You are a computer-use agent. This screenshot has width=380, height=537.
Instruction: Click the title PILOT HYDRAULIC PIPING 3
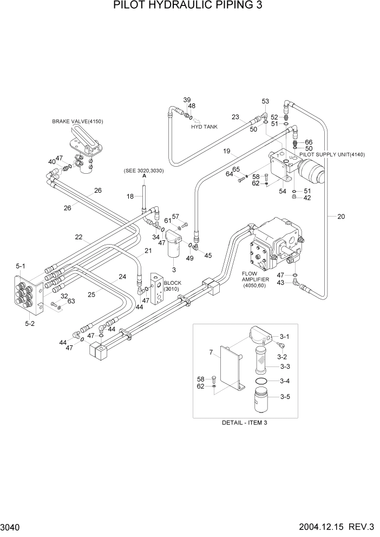[x=190, y=6]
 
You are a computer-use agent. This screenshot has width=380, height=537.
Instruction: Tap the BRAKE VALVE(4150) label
[x=77, y=122]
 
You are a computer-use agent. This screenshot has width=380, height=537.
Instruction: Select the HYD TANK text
[x=204, y=127]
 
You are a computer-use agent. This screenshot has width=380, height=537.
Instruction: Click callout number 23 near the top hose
[x=235, y=117]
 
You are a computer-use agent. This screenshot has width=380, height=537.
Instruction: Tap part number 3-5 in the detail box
[x=285, y=397]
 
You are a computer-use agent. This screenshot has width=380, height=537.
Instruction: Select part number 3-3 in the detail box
[x=285, y=367]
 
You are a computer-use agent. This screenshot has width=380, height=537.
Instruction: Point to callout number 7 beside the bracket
[x=210, y=352]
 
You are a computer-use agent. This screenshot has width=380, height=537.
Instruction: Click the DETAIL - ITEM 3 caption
[x=245, y=423]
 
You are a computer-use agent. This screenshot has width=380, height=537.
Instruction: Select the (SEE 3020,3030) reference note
[x=145, y=171]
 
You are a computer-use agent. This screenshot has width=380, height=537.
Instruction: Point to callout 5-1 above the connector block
[x=21, y=266]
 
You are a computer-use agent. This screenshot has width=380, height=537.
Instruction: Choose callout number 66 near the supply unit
[x=309, y=142]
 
